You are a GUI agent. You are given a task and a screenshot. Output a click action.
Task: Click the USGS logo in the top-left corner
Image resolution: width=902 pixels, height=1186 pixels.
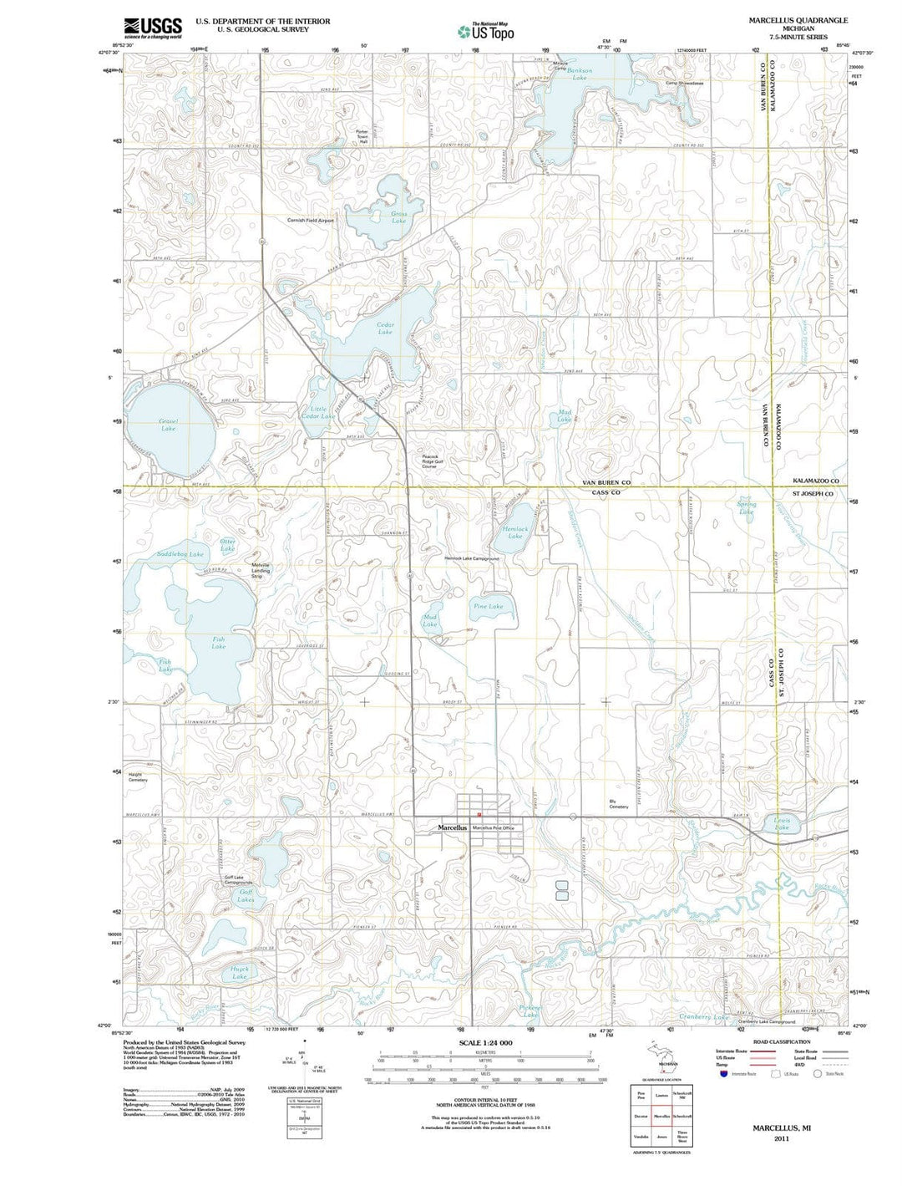153,28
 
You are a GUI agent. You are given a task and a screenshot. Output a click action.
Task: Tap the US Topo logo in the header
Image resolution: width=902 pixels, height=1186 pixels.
485,32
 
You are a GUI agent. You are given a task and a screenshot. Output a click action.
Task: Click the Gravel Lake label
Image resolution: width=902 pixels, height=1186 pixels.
168,425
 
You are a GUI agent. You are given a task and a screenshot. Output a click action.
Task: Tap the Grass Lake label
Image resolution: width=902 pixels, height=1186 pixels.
398,216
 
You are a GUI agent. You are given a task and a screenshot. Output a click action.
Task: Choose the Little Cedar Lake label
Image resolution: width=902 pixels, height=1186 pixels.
317,412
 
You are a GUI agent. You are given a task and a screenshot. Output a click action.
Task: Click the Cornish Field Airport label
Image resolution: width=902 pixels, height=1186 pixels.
310,221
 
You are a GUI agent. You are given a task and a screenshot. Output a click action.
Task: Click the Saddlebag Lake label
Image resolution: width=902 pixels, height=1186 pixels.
180,554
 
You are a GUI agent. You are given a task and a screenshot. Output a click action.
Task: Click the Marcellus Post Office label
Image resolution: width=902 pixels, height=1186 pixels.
494,827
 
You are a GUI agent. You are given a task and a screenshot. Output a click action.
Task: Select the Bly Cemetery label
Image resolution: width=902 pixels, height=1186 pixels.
618,804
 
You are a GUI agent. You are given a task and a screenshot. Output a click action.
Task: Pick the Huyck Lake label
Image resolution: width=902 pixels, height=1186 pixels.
240,973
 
